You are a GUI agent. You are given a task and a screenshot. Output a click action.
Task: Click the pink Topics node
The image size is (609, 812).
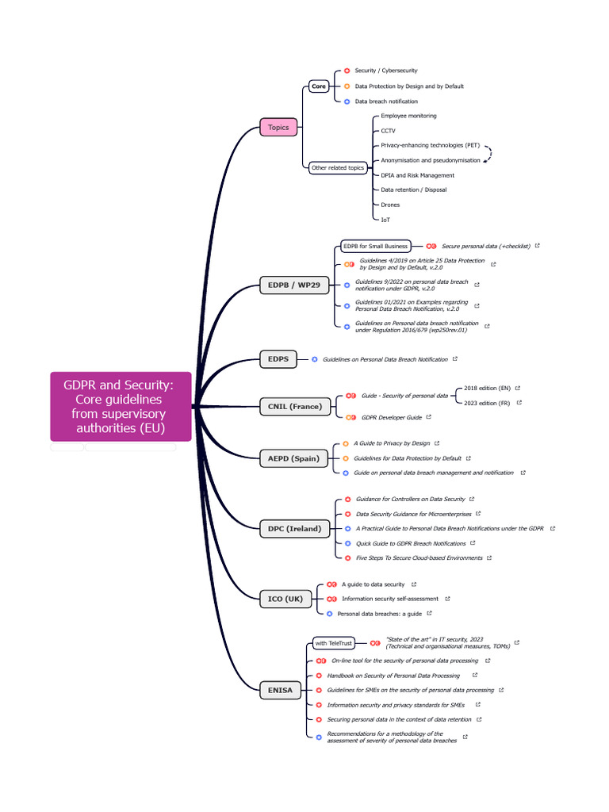[278, 127]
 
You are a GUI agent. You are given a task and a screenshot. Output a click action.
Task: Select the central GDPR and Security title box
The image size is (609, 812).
[121, 406]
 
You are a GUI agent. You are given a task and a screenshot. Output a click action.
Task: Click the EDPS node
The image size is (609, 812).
[278, 359]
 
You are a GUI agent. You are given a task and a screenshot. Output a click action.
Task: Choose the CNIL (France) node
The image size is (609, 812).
[294, 406]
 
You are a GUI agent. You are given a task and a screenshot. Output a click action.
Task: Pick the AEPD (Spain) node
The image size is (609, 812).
[293, 458]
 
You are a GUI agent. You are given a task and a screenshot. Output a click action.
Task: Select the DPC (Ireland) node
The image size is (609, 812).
[294, 528]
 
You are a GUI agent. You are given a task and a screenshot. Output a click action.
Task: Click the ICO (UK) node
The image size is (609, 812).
[282, 599]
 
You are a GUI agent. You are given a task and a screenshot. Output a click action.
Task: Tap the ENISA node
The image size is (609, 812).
[279, 690]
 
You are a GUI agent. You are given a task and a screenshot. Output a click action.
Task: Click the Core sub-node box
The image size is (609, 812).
[319, 86]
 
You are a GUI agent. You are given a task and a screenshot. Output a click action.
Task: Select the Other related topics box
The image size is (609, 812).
[338, 168]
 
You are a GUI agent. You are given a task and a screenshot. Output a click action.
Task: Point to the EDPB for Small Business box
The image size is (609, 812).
[375, 246]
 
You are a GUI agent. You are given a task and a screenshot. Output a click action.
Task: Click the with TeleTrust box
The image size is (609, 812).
[333, 643]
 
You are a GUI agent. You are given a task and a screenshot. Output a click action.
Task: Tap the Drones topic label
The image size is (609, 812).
[390, 205]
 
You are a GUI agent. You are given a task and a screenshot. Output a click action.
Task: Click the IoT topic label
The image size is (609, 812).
[385, 220]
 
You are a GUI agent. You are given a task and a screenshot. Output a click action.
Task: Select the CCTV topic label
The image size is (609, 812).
[388, 131]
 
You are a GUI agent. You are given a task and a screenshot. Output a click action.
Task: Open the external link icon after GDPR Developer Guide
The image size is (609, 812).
[429, 416]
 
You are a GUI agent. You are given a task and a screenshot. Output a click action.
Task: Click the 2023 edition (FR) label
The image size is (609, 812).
[487, 403]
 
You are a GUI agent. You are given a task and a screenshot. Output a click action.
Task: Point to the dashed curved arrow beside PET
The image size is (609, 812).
[489, 154]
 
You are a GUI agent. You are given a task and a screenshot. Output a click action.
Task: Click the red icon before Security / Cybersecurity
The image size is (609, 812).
[347, 71]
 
